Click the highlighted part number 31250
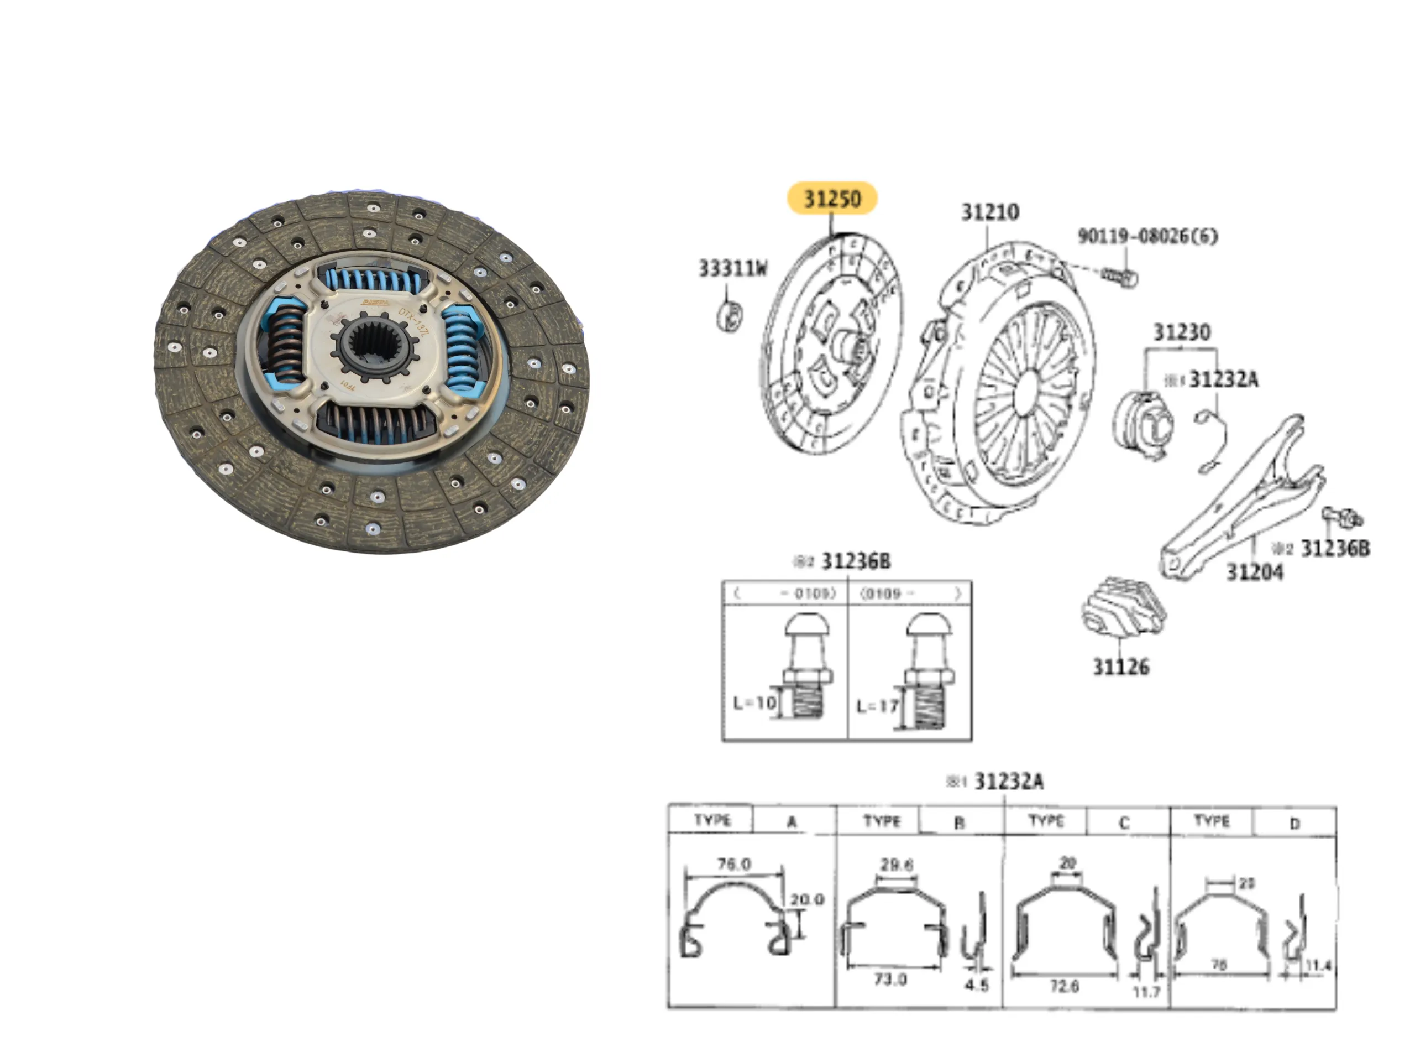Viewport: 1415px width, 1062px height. [x=832, y=198]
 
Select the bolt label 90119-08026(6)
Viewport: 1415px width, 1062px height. [x=1147, y=236]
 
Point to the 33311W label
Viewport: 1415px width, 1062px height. [x=732, y=268]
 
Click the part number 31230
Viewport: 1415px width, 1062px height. [x=1182, y=332]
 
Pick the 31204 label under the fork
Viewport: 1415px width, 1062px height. [x=1254, y=571]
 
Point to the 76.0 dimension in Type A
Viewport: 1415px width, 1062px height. [x=733, y=864]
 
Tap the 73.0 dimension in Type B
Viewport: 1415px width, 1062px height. [x=890, y=980]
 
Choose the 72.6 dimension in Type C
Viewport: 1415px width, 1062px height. [x=1064, y=986]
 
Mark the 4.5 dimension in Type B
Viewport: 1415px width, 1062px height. [x=977, y=985]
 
